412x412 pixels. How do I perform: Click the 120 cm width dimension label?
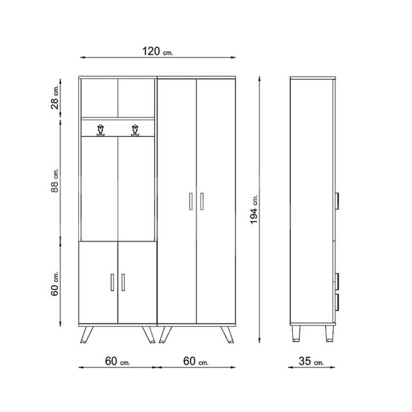(158, 51)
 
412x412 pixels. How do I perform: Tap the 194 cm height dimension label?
(254, 209)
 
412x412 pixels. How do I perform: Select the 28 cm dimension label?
(55, 97)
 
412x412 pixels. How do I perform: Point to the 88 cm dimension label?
(55, 181)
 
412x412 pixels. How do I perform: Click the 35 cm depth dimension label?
(311, 361)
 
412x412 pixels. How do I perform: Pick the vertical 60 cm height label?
(55, 284)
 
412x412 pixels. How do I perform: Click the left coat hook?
(101, 130)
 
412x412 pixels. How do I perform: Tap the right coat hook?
(135, 130)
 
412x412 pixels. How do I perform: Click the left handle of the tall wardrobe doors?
(191, 202)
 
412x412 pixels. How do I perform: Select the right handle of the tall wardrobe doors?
(202, 202)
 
